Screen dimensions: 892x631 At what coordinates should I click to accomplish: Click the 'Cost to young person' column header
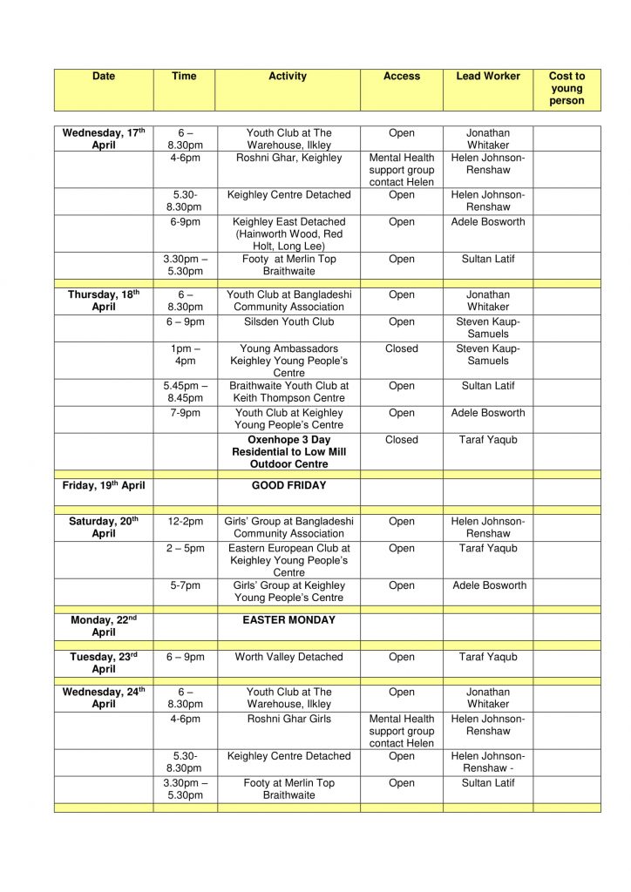pyautogui.click(x=567, y=89)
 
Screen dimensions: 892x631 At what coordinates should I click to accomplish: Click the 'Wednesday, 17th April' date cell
pyautogui.click(x=104, y=139)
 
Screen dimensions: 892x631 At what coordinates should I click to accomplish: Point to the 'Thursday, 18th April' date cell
pyautogui.click(x=104, y=301)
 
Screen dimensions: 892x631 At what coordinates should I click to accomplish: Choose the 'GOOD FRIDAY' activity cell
pyautogui.click(x=288, y=485)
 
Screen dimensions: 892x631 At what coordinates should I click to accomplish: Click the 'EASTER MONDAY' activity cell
pyautogui.click(x=288, y=620)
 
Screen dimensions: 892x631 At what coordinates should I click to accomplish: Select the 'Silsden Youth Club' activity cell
pyautogui.click(x=288, y=321)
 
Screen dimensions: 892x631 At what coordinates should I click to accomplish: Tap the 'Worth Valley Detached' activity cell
pyautogui.click(x=288, y=657)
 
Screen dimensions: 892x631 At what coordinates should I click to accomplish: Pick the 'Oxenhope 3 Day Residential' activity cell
pyautogui.click(x=288, y=452)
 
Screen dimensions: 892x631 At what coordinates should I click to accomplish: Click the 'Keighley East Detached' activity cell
pyautogui.click(x=288, y=233)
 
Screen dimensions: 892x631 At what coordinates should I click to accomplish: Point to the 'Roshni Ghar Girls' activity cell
pyautogui.click(x=288, y=719)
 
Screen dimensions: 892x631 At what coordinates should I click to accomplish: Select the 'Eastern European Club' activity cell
pyautogui.click(x=288, y=560)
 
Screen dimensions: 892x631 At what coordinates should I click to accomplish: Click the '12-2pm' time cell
pyautogui.click(x=185, y=521)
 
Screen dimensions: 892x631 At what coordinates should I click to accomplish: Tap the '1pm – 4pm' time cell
pyautogui.click(x=185, y=355)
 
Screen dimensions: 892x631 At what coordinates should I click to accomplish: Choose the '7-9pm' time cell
pyautogui.click(x=185, y=413)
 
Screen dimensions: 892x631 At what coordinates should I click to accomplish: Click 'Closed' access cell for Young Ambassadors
pyautogui.click(x=402, y=348)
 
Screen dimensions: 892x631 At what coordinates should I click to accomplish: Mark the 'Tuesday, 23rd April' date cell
pyautogui.click(x=104, y=663)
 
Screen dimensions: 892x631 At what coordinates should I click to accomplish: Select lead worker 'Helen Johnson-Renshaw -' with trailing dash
pyautogui.click(x=488, y=762)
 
